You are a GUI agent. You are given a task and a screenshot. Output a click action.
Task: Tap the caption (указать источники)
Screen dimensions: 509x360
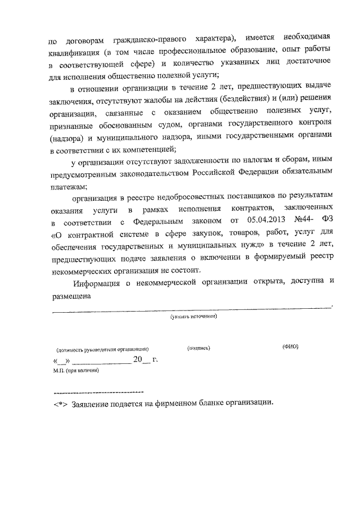pos(194,317)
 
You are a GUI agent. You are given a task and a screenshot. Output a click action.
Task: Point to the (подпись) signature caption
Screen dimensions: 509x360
pos(198,348)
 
